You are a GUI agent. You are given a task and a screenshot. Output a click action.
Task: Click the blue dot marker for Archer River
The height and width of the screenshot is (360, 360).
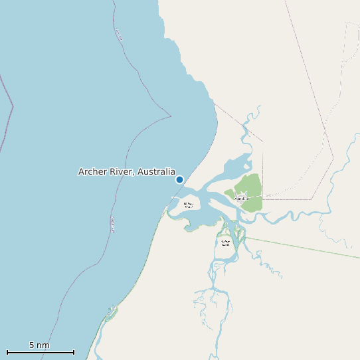click(179, 179)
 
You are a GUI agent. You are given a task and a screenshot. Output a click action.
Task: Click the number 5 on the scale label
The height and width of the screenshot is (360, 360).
click(32, 345)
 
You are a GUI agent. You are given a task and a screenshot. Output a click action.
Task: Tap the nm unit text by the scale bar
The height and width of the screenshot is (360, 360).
click(43, 345)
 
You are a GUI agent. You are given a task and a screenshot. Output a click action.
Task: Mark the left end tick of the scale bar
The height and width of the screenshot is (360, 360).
click(7, 352)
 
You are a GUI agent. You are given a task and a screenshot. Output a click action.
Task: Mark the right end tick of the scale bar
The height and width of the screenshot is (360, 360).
click(74, 352)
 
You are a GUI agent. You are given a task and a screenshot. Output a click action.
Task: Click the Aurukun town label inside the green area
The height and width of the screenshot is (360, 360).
click(241, 199)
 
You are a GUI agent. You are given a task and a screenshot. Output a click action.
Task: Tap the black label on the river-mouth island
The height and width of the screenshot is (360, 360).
click(189, 205)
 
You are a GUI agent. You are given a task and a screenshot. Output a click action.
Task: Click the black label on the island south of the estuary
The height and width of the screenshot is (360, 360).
click(225, 242)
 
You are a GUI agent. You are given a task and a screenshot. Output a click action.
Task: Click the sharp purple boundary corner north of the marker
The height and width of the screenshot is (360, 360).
click(171, 116)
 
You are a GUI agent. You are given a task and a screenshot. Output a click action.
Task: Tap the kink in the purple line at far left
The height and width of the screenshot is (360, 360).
click(13, 105)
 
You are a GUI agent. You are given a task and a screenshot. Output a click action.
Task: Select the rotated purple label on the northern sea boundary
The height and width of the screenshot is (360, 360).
click(119, 34)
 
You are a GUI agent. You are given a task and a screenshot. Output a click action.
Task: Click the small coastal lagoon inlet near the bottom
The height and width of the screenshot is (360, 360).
click(111, 311)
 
